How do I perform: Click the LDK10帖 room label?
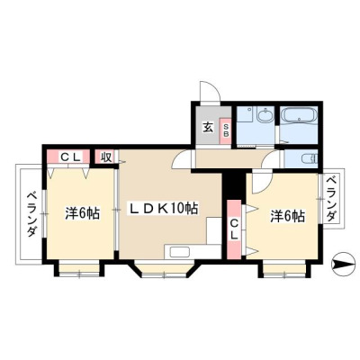[x=164, y=209]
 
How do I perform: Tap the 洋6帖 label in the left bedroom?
[x=82, y=213]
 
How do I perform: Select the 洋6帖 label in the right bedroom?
[x=288, y=216]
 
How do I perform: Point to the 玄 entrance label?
[x=208, y=128]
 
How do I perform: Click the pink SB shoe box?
[x=226, y=129]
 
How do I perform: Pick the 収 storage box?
[x=106, y=157]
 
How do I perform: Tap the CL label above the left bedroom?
[x=71, y=157]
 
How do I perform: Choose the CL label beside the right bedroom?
[x=234, y=229]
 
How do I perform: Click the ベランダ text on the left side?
[x=32, y=214]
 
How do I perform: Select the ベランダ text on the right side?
[x=331, y=199]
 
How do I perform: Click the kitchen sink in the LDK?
[x=179, y=251]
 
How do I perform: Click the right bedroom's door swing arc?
[x=262, y=182]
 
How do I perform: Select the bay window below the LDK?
[x=165, y=268]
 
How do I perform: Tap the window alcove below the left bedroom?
[x=79, y=269]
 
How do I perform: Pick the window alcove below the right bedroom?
[x=284, y=269]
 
